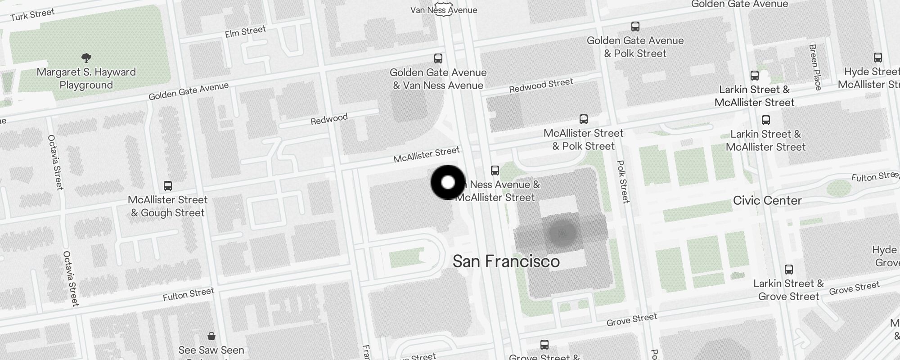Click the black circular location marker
(448, 182)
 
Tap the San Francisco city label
(506, 261)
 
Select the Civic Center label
(767, 200)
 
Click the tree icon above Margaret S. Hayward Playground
(86, 58)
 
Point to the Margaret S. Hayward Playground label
(86, 78)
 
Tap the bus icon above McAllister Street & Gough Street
(168, 185)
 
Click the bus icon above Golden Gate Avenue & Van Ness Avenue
(438, 58)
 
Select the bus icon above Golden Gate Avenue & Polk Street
(635, 26)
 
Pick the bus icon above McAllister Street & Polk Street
(583, 119)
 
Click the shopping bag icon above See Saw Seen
(211, 336)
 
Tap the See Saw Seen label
(211, 350)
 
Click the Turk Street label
(32, 14)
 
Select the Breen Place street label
(815, 67)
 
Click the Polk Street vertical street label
(622, 181)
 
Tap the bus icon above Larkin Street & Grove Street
(788, 270)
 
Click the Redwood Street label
(541, 85)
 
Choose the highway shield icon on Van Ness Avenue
(444, 11)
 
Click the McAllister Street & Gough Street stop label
(167, 206)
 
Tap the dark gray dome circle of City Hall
(562, 233)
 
